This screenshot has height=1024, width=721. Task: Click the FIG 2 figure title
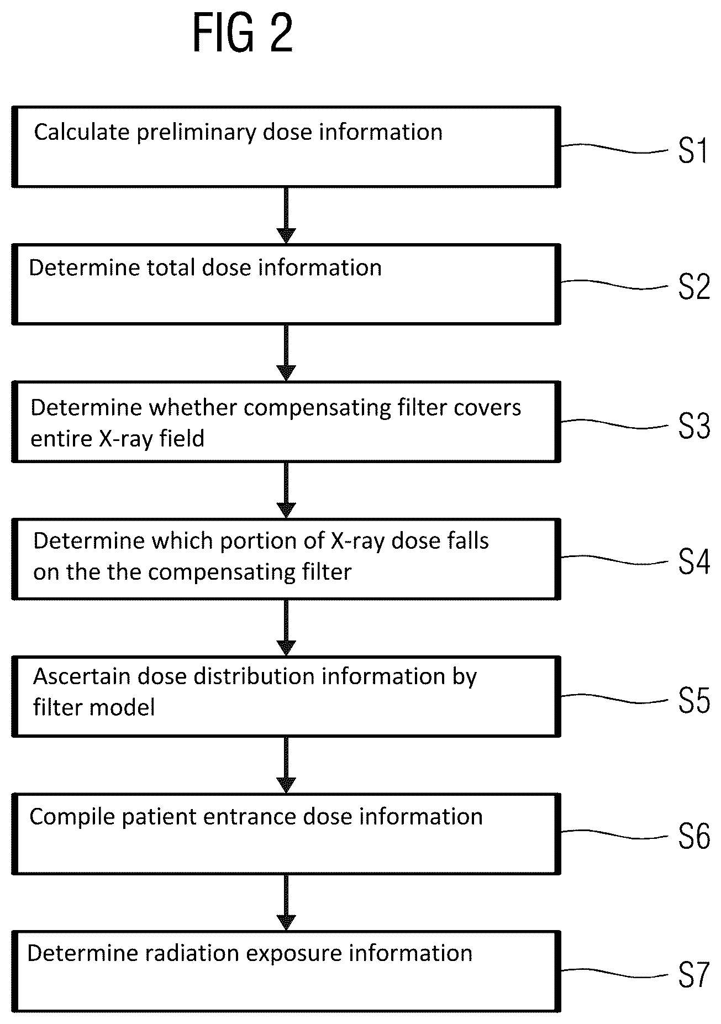(243, 34)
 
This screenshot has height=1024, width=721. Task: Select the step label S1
(693, 150)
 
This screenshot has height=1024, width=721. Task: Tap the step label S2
(694, 287)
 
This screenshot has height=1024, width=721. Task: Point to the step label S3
(694, 426)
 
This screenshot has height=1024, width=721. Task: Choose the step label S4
(694, 563)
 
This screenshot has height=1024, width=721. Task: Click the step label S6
(694, 836)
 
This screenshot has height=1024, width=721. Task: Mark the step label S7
(694, 974)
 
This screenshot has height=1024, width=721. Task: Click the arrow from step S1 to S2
(286, 216)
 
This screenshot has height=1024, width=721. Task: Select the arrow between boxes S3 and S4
(286, 490)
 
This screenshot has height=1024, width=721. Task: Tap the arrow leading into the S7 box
(286, 903)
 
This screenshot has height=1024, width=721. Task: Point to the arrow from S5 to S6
(286, 765)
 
